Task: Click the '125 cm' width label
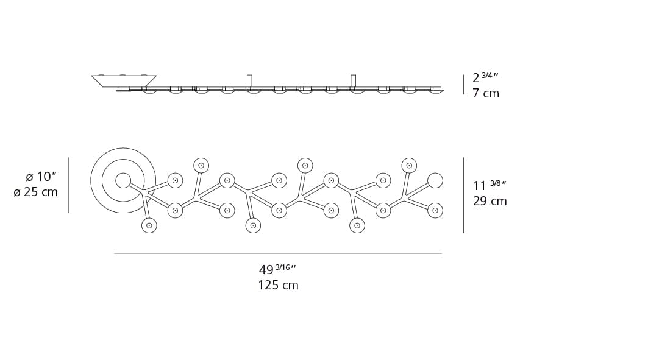[278, 286]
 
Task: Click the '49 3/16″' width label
[277, 269]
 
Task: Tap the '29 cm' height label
[490, 202]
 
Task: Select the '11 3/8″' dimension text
[490, 185]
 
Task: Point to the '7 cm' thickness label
[485, 94]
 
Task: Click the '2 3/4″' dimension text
[485, 78]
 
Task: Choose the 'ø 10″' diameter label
[41, 177]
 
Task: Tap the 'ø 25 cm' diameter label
[36, 192]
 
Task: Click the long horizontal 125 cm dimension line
[277, 253]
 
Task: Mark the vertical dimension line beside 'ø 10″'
[69, 185]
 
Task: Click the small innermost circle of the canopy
[123, 180]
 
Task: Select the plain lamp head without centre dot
[435, 180]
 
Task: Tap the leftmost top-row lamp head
[201, 166]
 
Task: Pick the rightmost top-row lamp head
[409, 166]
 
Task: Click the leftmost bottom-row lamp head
[149, 225]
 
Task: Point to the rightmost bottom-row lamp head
[357, 225]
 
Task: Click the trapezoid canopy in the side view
[124, 81]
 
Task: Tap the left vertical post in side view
[249, 80]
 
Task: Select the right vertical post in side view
[353, 80]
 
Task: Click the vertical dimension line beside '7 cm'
[463, 85]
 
